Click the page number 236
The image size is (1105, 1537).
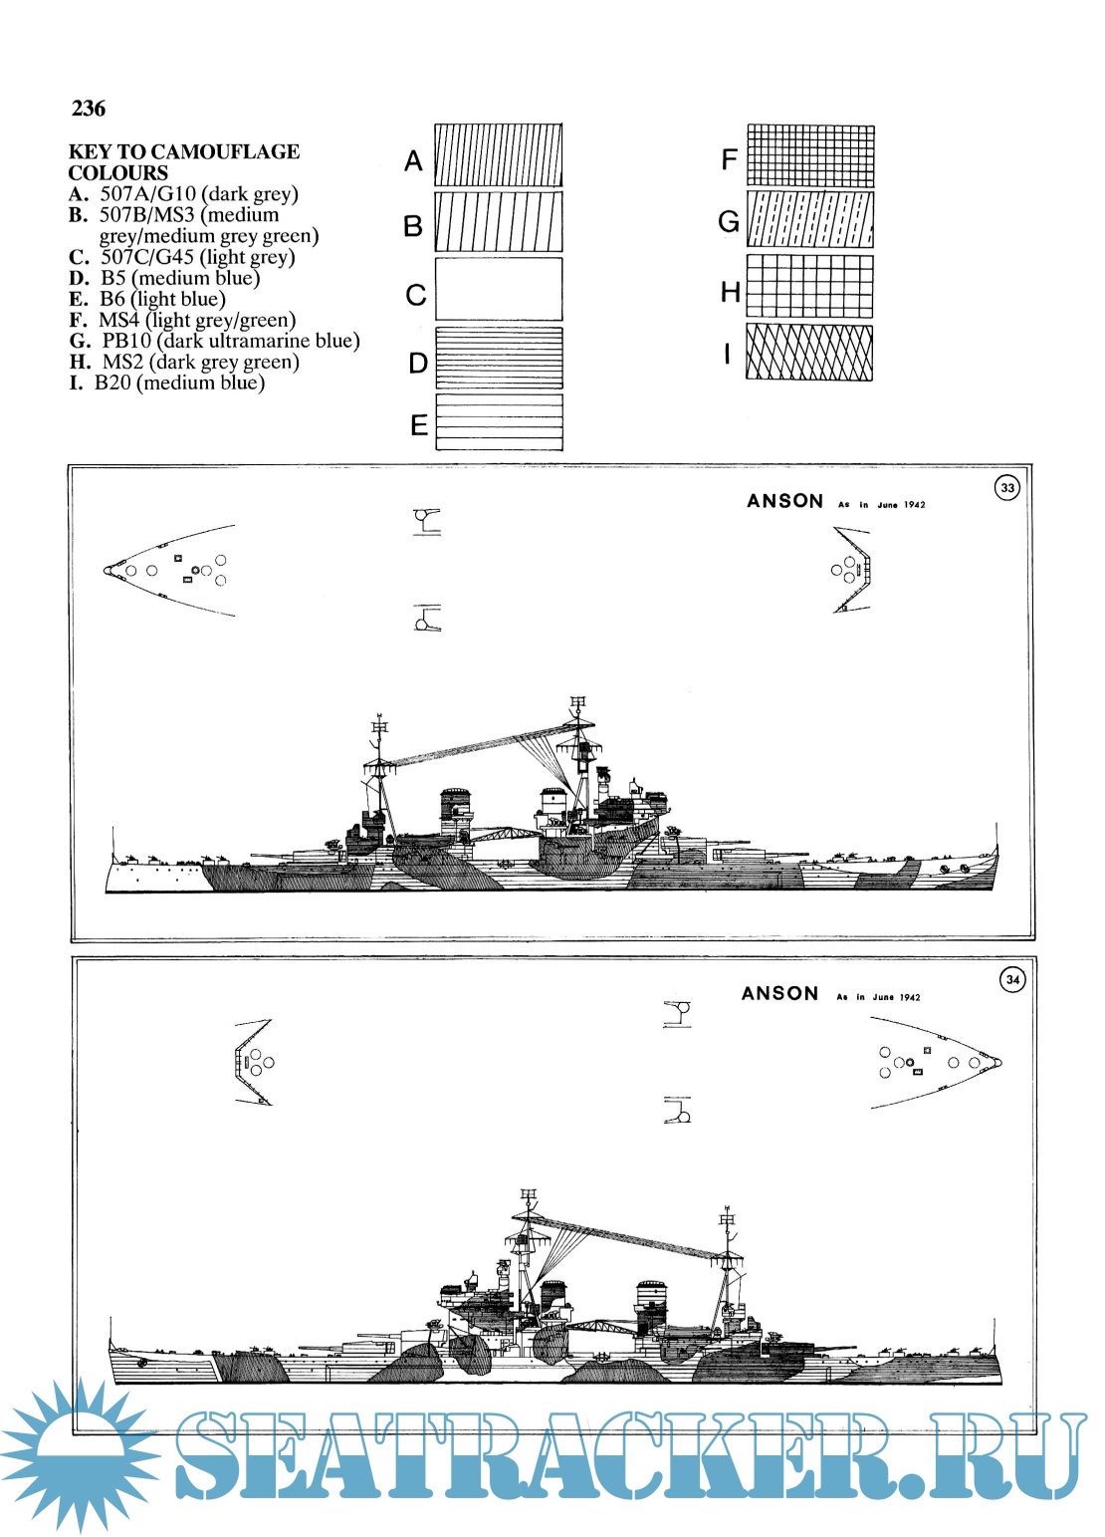88,109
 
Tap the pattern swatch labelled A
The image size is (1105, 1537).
498,155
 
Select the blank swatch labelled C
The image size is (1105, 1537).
498,289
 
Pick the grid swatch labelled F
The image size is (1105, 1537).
809,155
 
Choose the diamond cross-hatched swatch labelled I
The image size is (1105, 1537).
808,352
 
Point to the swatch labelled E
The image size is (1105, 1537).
498,422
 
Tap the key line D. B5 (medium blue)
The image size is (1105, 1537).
164,278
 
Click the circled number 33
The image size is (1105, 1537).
1007,488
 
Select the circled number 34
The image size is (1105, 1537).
1012,979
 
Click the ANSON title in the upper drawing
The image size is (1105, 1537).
784,501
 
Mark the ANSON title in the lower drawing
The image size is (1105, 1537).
779,993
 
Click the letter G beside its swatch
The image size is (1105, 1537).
729,221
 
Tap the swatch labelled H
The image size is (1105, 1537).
809,287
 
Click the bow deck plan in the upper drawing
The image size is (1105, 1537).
169,571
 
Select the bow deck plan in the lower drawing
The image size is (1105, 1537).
936,1062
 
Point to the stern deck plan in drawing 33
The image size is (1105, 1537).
851,570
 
